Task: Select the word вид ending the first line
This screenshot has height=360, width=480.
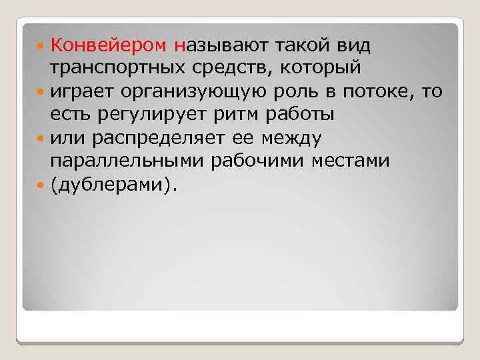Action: [351, 46]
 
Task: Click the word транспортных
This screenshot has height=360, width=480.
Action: [118, 69]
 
